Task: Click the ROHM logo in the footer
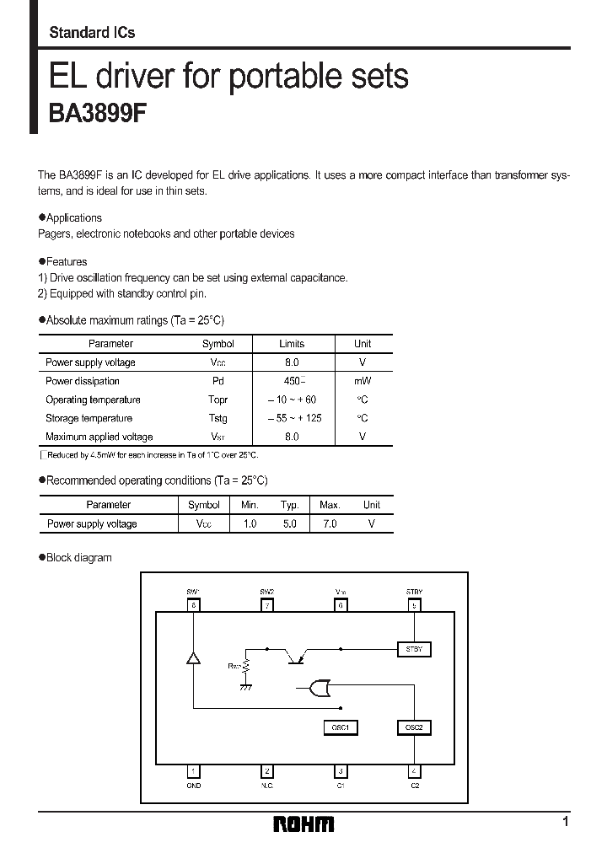[303, 824]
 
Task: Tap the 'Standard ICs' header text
[92, 33]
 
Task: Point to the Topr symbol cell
[218, 400]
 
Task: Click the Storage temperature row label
[89, 418]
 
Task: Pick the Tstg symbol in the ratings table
[218, 418]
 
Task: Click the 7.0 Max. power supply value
[329, 523]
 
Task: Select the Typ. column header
[289, 505]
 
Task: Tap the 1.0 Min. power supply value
[250, 523]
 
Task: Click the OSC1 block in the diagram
[340, 727]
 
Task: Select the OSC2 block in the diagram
[413, 727]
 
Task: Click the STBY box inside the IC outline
[413, 649]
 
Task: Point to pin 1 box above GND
[194, 770]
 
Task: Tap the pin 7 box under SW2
[267, 605]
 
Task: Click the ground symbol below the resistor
[245, 688]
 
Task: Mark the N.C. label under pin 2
[267, 785]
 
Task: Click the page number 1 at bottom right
[565, 821]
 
